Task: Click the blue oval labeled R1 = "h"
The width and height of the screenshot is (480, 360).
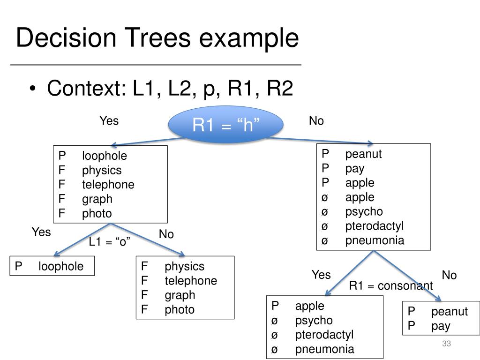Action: (x=225, y=124)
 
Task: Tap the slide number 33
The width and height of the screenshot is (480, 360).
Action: (x=446, y=344)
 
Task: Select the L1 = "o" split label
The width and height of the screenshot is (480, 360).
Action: (x=109, y=242)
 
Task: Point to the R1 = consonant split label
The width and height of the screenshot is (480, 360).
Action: (x=391, y=285)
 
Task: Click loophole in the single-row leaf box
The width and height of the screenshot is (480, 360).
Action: (x=61, y=266)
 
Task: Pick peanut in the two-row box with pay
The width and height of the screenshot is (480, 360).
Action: (x=450, y=312)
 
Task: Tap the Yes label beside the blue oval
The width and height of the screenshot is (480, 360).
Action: (x=109, y=120)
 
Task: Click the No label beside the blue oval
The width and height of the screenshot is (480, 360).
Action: (x=316, y=120)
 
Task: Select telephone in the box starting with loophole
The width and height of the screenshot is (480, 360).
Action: (x=108, y=185)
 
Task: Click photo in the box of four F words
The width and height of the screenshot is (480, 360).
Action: (x=180, y=310)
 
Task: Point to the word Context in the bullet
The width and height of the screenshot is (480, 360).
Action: (x=87, y=88)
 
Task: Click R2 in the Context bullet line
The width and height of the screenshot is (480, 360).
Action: (x=280, y=88)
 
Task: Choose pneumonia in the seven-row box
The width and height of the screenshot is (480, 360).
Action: (x=375, y=240)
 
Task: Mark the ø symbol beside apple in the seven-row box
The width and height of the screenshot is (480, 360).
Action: (x=325, y=198)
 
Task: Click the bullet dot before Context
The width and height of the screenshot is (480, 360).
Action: (x=33, y=89)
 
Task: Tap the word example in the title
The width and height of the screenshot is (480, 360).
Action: (x=249, y=37)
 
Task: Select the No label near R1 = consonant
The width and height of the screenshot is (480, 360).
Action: (x=449, y=275)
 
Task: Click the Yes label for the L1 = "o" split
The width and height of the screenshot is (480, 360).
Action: (x=41, y=232)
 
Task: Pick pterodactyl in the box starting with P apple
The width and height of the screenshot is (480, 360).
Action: (x=324, y=335)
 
